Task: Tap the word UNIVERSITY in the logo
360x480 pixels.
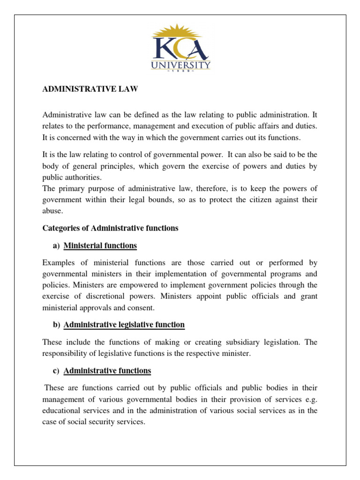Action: (x=180, y=65)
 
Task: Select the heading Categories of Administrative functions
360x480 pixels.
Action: (x=110, y=228)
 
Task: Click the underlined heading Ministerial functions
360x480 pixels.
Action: (x=100, y=245)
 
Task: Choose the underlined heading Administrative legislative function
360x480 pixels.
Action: (x=124, y=324)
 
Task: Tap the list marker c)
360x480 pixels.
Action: (x=56, y=371)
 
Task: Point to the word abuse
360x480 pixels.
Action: (x=52, y=211)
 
